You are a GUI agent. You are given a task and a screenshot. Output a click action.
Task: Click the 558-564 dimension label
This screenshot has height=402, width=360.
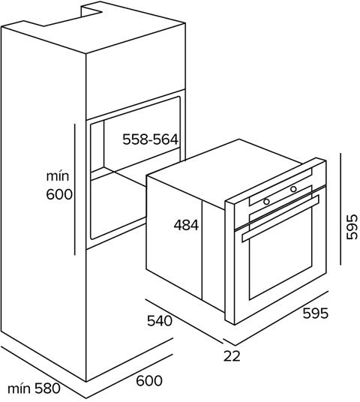pos(150,139)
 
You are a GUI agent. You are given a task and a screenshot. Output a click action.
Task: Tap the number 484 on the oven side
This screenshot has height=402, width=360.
pos(186,225)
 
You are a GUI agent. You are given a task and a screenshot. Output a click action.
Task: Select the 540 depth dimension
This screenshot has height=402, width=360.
pos(159,321)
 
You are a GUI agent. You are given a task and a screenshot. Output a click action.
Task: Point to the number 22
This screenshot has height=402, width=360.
pos(232,355)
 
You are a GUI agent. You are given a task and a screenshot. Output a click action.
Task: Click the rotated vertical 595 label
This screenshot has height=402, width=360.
pos(352,227)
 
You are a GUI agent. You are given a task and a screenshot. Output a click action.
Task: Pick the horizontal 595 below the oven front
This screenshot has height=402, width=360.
pos(316,313)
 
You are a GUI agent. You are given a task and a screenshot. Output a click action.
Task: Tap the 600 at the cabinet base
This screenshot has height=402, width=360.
pos(149,381)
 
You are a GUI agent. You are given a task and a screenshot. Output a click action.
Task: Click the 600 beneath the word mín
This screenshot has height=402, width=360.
pos(59,194)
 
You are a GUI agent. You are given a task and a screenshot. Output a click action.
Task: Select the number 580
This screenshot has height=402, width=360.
pos(47,388)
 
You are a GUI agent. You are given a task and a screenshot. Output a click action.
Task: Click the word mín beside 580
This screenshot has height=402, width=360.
pos(19,388)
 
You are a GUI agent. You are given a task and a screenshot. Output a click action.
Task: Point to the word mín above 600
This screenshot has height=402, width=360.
pos(58,176)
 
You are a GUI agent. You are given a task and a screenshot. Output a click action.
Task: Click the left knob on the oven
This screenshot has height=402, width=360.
pos(267,202)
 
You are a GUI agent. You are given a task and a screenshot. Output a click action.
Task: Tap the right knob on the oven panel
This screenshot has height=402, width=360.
pos(293,189)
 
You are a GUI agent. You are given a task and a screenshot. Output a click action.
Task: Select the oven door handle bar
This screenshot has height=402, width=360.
pos(280,218)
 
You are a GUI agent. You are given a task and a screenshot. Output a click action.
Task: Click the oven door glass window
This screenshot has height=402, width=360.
pos(280,253)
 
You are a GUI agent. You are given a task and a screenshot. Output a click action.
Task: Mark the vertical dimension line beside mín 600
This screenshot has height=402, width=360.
pos(75,190)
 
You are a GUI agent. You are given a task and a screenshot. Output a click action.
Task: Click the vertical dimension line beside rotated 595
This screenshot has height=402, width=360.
pos(340,209)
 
